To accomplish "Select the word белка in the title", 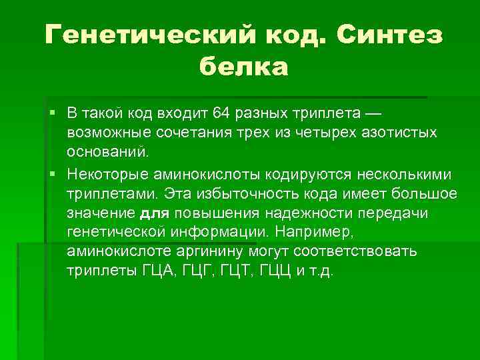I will [x=244, y=66].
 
